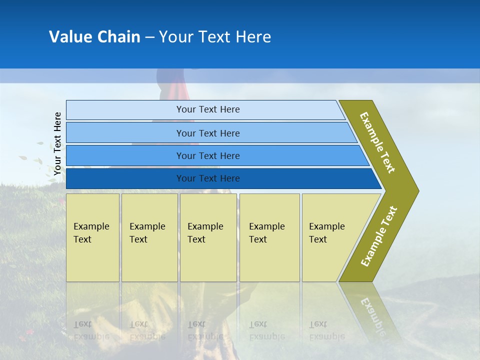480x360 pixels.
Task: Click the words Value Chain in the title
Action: tap(94, 37)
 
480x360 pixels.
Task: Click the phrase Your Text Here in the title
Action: tap(215, 37)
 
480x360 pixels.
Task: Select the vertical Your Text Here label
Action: tap(57, 143)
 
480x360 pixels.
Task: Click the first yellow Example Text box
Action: tap(93, 237)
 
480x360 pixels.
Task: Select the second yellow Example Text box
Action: tap(149, 237)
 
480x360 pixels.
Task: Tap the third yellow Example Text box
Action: tap(208, 237)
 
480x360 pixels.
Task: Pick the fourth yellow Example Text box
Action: tap(269, 237)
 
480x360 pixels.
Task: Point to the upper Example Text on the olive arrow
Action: tap(377, 142)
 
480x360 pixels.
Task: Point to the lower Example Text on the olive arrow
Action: tap(379, 236)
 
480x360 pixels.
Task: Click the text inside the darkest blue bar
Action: tap(208, 178)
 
